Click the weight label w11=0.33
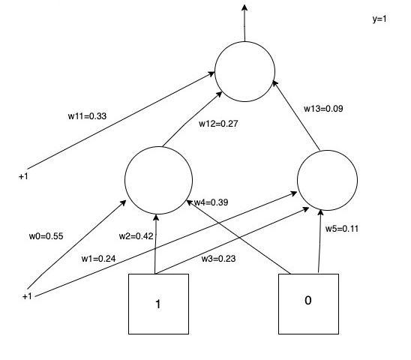[86, 116]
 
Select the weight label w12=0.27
[217, 122]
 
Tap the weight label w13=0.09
[322, 109]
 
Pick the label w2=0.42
[136, 236]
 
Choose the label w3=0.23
[220, 259]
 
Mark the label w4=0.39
[212, 203]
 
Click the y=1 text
[379, 19]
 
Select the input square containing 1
[158, 304]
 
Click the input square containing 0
[308, 303]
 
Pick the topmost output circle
[244, 72]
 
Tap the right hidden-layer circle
[327, 179]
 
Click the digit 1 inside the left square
[158, 305]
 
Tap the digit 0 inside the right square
[308, 301]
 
